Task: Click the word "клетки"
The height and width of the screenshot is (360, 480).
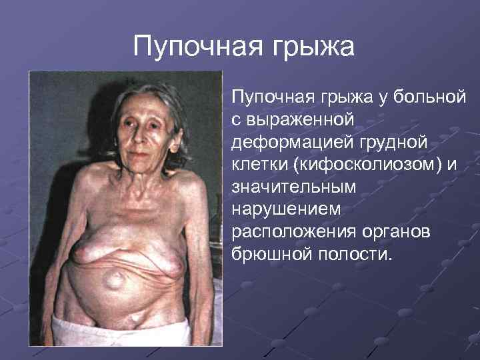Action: coord(257,165)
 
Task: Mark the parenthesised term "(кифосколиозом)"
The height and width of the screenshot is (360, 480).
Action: coord(362,166)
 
